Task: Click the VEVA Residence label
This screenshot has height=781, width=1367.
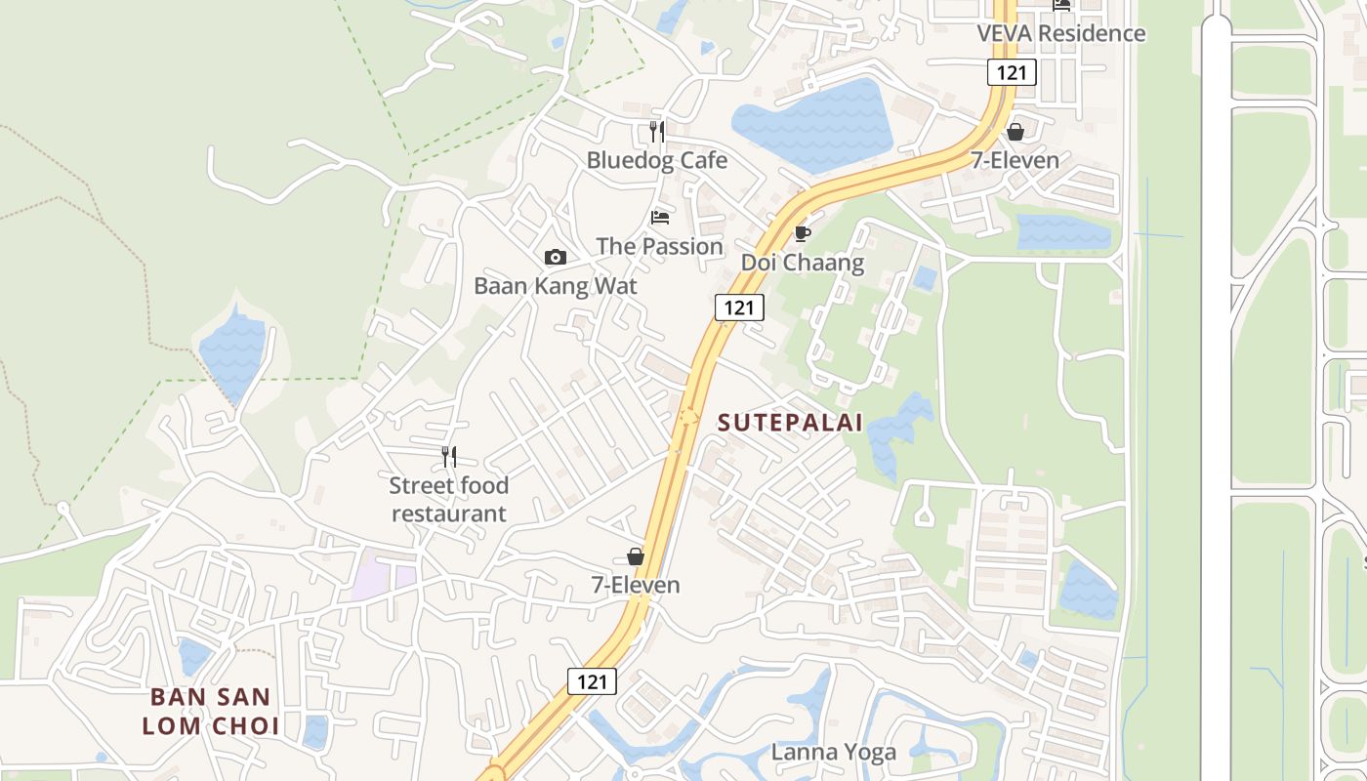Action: click(1060, 33)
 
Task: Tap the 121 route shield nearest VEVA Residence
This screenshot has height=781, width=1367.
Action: click(1011, 72)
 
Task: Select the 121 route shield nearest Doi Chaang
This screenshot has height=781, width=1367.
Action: click(739, 308)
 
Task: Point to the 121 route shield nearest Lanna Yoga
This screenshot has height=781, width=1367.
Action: click(593, 680)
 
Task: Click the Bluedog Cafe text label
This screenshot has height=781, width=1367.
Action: click(657, 160)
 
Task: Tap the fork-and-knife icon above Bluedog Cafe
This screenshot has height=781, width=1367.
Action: click(657, 132)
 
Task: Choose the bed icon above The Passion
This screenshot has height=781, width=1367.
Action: click(660, 217)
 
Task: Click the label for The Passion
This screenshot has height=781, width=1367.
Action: click(660, 246)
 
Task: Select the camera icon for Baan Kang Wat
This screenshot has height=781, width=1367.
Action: click(556, 257)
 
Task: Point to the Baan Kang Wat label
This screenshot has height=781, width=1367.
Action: click(556, 286)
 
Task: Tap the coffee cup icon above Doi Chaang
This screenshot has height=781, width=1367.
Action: click(802, 233)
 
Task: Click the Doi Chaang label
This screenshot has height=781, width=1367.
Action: click(802, 263)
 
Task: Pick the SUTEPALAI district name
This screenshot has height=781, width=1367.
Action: click(790, 423)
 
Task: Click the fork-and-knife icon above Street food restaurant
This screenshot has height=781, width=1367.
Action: click(449, 456)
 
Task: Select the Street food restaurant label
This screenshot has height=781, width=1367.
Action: click(449, 499)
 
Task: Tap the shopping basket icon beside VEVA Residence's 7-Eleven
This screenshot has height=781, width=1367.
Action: click(1015, 132)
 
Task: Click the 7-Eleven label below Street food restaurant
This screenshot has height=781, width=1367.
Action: click(636, 585)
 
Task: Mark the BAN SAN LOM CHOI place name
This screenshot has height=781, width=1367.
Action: click(211, 711)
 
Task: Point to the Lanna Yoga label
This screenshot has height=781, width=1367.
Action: click(834, 752)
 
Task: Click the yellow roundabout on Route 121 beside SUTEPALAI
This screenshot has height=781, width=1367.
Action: click(688, 417)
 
